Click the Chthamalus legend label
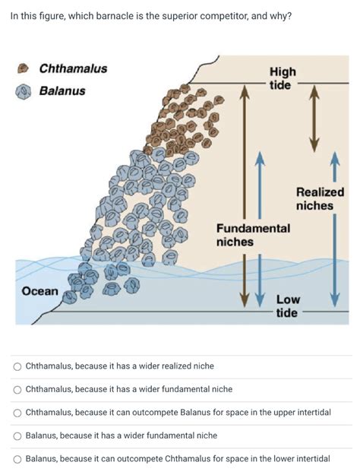[x=73, y=69]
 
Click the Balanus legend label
[x=62, y=91]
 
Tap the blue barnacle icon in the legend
[x=24, y=91]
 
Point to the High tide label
[x=283, y=78]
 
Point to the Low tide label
[x=286, y=306]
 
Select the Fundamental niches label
[x=253, y=235]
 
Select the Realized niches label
[x=320, y=199]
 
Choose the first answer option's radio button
[x=17, y=366]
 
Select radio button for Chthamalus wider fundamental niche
[x=17, y=390]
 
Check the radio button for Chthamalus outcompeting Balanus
[x=17, y=413]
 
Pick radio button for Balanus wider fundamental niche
[x=17, y=435]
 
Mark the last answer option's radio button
[x=17, y=459]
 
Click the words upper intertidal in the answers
[x=301, y=413]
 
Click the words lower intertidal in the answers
[x=300, y=459]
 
